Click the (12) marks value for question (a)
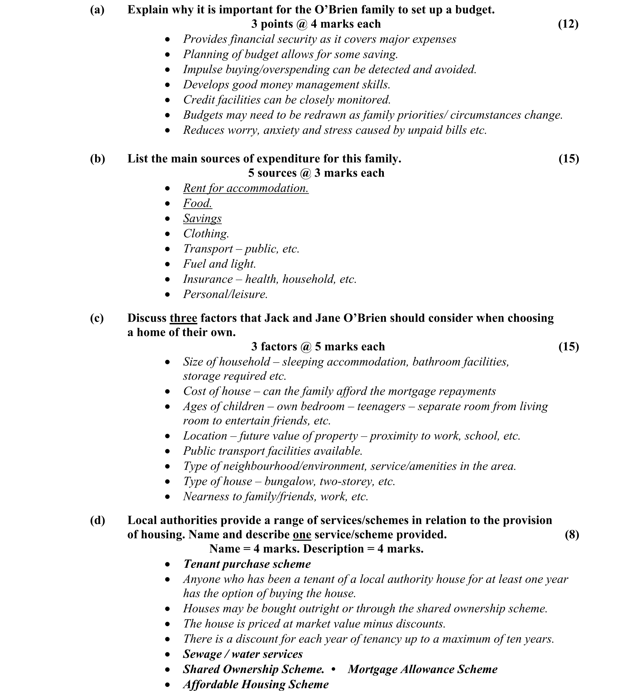568,24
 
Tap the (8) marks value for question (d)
572,534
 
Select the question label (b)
97,158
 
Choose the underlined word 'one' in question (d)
302,534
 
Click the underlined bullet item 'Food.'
197,203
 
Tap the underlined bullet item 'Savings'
202,218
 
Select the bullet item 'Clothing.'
206,233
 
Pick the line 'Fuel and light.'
219,264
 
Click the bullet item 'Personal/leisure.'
225,294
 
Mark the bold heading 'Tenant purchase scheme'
247,564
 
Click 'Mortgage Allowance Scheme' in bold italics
422,669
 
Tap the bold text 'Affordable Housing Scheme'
256,684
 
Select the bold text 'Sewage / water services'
243,654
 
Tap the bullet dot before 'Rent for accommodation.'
167,188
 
